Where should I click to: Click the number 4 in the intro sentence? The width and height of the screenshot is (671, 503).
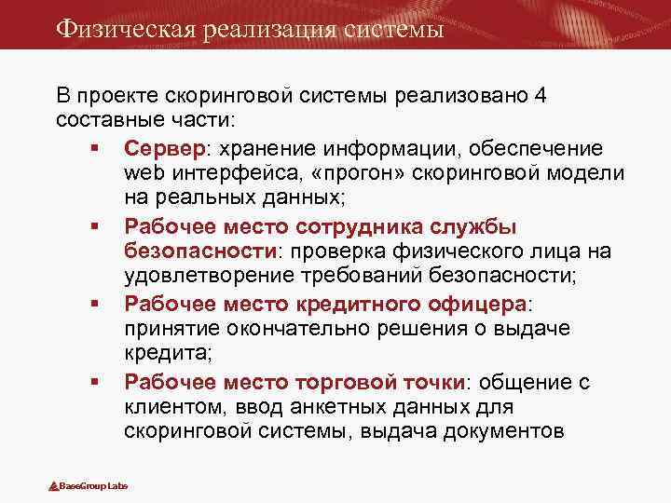(541, 96)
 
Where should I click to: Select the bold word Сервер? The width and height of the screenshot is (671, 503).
(163, 149)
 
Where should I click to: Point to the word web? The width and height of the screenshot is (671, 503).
(143, 174)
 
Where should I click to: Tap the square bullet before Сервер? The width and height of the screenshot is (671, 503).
(96, 149)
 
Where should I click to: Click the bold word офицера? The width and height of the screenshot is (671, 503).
(480, 304)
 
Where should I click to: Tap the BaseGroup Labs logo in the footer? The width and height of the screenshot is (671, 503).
(88, 485)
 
